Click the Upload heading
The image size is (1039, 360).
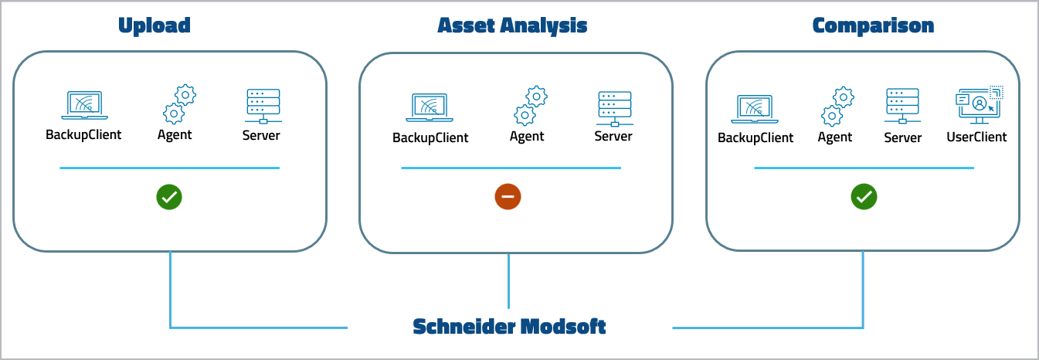[154, 25]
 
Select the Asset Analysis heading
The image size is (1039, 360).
[512, 25]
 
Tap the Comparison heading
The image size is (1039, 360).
[873, 25]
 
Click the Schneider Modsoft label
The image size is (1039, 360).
[509, 326]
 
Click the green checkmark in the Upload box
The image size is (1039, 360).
[169, 197]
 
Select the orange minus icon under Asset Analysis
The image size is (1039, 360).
[508, 197]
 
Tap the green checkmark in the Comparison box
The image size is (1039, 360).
[864, 197]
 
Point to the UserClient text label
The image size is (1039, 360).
[976, 137]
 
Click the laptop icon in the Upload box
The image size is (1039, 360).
[84, 106]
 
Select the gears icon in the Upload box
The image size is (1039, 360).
[178, 105]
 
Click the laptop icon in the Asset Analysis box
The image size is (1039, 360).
[430, 108]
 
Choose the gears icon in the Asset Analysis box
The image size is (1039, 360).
[530, 107]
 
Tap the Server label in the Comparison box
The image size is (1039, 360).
[902, 138]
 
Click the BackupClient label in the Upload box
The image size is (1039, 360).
[83, 134]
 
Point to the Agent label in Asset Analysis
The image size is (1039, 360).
[527, 137]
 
